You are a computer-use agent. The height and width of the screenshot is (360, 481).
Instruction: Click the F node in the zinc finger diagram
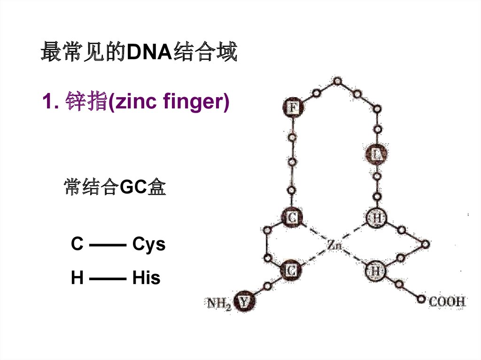click(293, 108)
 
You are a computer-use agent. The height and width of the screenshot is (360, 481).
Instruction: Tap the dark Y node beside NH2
click(244, 302)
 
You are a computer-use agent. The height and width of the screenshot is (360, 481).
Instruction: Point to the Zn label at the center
click(334, 245)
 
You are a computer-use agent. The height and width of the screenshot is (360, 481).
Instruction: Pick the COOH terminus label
click(447, 301)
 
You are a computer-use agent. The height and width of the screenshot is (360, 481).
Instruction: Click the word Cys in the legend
click(149, 245)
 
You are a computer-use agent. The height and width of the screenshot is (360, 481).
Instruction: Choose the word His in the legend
click(146, 278)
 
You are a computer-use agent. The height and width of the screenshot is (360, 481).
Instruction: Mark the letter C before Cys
click(77, 245)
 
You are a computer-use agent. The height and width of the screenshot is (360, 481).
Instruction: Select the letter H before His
click(77, 278)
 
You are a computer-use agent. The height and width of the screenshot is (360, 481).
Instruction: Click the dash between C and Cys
click(107, 245)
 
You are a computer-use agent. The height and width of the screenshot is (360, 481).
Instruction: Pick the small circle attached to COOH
click(421, 299)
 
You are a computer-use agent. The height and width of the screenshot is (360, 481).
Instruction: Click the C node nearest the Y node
click(291, 270)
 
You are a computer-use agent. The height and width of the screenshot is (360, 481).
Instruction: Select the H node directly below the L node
click(377, 218)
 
